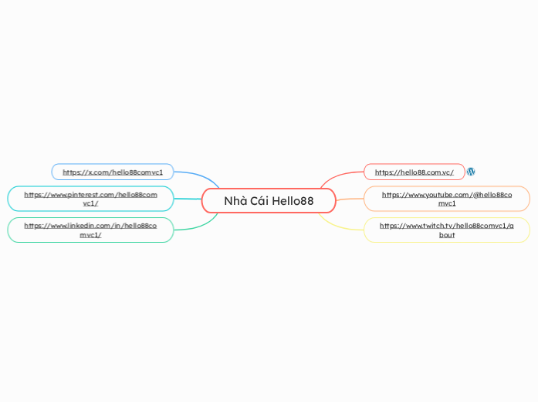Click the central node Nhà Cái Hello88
click(x=269, y=201)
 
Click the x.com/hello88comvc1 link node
click(x=113, y=172)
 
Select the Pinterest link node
click(x=90, y=199)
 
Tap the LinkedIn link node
click(x=90, y=230)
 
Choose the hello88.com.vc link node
click(x=414, y=172)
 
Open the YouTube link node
click(x=446, y=199)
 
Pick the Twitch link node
click(x=446, y=230)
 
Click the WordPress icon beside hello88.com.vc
click(x=471, y=172)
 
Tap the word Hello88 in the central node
click(x=293, y=201)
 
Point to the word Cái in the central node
click(x=259, y=201)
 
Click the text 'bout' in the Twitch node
click(x=447, y=235)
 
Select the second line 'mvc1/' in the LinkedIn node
click(x=90, y=235)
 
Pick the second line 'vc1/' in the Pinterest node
click(x=90, y=203)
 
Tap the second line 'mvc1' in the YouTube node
click(x=447, y=203)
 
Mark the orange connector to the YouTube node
click(x=349, y=199)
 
